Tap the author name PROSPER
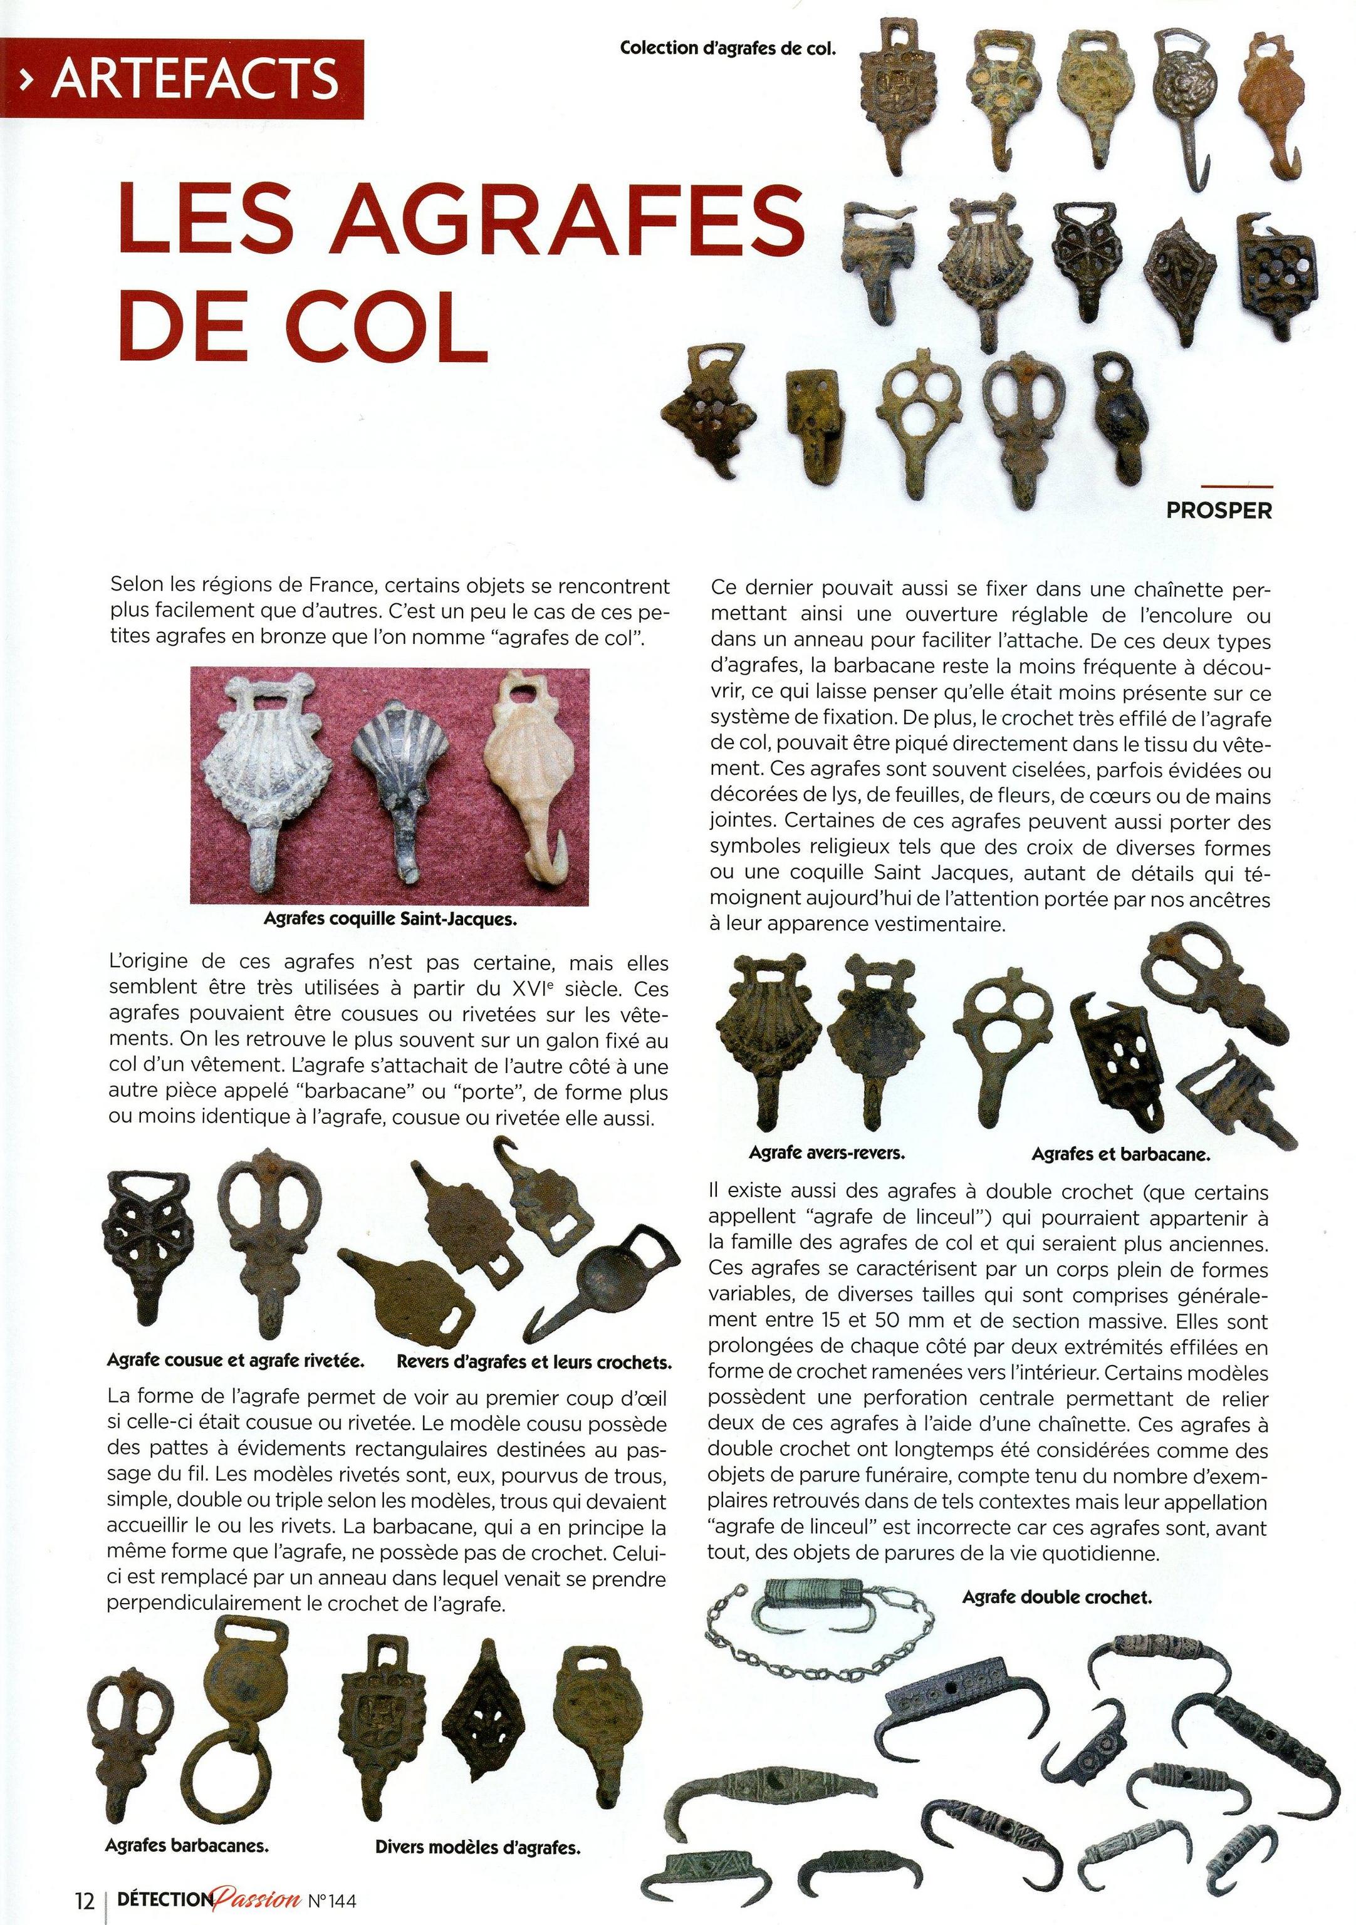[x=1219, y=510]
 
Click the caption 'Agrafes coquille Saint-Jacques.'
[x=390, y=918]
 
